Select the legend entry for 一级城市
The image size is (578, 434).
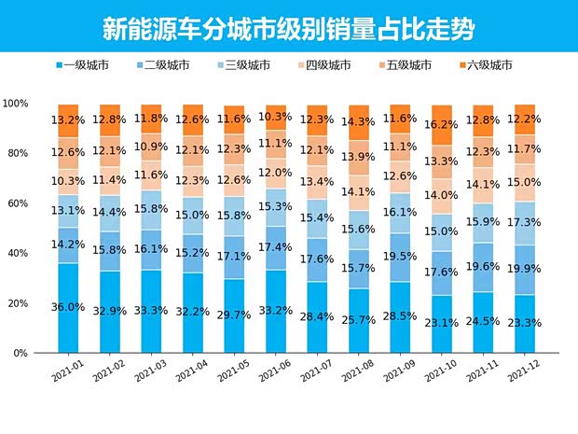point(88,65)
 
